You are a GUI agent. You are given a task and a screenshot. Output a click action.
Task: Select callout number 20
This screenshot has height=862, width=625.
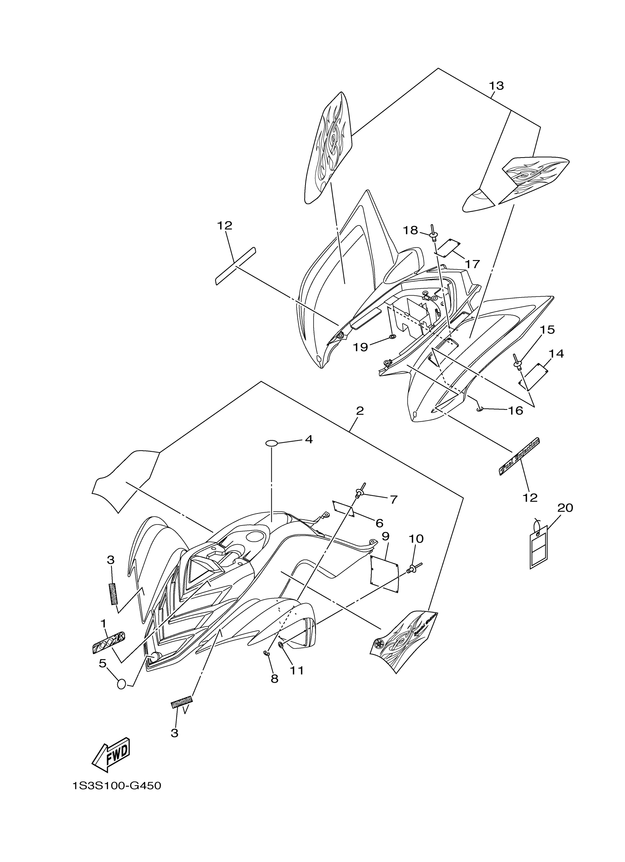click(x=565, y=508)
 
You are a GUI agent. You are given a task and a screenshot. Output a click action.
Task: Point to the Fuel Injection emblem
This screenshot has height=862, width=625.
click(x=519, y=457)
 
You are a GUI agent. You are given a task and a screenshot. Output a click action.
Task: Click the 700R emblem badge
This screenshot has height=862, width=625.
click(x=109, y=643)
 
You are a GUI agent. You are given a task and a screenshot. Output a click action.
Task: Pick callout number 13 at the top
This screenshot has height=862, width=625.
click(x=496, y=86)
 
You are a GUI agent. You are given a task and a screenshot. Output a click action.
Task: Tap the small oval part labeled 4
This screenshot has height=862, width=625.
click(x=271, y=443)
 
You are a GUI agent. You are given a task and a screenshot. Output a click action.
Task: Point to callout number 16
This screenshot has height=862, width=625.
click(x=516, y=411)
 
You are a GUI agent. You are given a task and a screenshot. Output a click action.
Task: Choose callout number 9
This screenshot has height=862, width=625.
click(x=385, y=536)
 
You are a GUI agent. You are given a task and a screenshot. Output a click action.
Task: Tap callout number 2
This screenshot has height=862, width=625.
click(x=360, y=411)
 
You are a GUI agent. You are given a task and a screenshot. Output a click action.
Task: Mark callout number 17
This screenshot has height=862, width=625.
click(x=472, y=264)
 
